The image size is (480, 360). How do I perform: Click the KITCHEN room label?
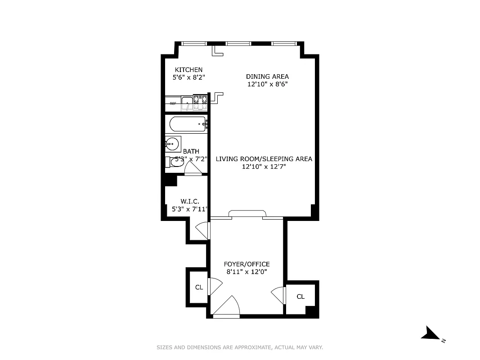188,70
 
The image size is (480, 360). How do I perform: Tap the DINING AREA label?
267,76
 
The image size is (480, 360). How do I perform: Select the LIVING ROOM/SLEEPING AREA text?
264,159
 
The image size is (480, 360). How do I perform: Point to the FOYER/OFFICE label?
247,264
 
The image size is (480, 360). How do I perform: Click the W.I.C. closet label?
189,201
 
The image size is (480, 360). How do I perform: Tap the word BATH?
191,152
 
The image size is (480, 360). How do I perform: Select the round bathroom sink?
172,144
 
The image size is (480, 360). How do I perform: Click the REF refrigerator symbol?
173,103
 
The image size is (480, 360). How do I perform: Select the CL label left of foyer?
199,287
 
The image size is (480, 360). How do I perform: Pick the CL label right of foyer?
301,297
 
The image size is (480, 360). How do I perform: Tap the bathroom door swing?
193,168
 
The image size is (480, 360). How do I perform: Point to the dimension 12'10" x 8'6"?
267,84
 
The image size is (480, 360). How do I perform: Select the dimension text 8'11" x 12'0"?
247,272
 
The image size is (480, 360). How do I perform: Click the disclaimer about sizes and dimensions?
240,347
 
